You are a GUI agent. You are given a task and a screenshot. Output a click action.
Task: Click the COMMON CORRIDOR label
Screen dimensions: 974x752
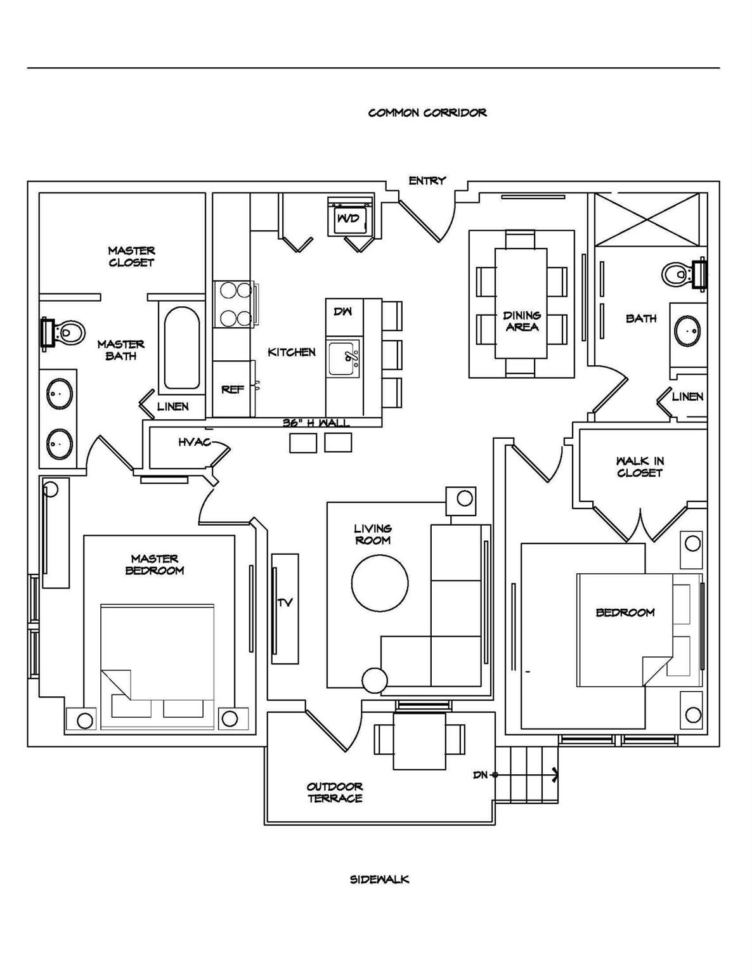click(x=427, y=113)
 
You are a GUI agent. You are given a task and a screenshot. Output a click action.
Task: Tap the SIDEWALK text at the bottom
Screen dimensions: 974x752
click(x=379, y=880)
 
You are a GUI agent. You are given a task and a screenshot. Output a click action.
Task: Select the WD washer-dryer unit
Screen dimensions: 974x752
click(x=348, y=219)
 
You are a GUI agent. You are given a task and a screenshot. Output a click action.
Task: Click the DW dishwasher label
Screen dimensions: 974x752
click(x=342, y=311)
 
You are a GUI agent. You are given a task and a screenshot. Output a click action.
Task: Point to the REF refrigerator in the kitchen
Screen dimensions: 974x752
click(x=232, y=389)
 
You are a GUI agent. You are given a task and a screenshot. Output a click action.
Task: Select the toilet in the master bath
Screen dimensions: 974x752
click(x=65, y=332)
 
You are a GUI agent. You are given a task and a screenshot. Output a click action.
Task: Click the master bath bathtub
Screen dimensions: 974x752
click(x=181, y=348)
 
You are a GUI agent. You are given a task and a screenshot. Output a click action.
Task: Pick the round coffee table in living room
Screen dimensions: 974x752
click(x=380, y=583)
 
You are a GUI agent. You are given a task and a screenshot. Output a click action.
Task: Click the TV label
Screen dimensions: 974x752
click(x=285, y=602)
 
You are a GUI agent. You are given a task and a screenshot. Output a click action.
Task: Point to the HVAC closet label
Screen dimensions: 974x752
click(x=194, y=442)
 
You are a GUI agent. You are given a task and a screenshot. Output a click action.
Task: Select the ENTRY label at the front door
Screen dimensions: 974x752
click(x=427, y=181)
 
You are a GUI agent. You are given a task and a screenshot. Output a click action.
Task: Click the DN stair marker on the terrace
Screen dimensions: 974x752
click(x=481, y=775)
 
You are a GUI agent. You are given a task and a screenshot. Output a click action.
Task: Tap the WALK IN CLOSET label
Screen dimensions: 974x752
click(x=639, y=467)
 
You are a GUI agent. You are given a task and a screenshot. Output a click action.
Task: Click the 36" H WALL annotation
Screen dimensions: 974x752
click(x=316, y=423)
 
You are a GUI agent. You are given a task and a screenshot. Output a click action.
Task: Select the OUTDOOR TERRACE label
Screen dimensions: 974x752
click(x=335, y=793)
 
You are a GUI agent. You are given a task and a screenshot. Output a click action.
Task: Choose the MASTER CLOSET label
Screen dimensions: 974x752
click(x=131, y=257)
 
